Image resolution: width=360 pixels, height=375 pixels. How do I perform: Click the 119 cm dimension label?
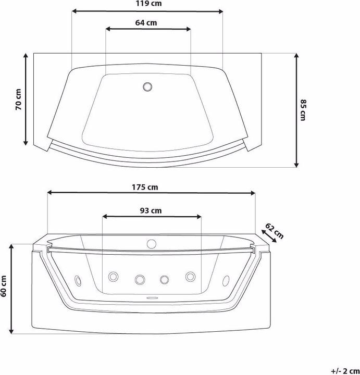[148, 3]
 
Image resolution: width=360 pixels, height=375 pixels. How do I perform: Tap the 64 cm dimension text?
[146, 23]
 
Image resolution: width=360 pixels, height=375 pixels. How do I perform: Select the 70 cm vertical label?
[18, 99]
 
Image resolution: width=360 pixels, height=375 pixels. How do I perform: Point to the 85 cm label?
[303, 110]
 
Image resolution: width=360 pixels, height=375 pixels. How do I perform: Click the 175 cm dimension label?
[145, 187]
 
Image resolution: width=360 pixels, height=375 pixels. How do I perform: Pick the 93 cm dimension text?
[151, 210]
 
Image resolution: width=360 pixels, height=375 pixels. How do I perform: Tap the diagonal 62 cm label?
[275, 231]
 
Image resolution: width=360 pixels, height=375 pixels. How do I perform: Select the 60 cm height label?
[3, 286]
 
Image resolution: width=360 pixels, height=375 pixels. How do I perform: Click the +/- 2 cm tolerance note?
[345, 371]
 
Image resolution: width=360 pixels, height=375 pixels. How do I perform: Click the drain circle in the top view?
[147, 86]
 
